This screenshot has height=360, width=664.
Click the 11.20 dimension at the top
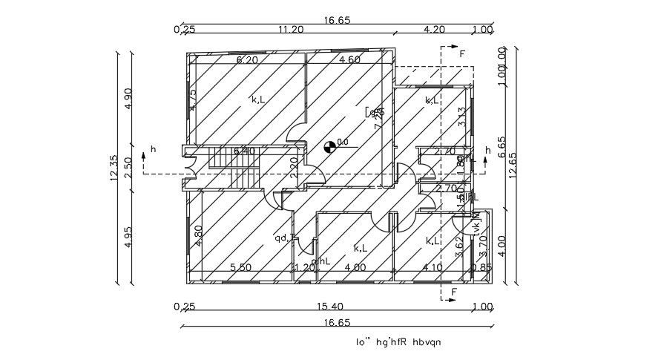tap(291, 30)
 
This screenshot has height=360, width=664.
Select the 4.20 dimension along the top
tap(433, 30)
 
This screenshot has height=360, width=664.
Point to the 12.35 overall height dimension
tap(114, 167)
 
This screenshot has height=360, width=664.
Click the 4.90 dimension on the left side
tap(128, 99)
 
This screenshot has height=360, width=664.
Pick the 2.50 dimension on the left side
tap(128, 164)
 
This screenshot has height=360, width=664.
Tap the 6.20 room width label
tap(246, 59)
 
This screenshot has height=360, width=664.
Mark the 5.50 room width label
tap(241, 267)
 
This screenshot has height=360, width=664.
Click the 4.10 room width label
tap(433, 267)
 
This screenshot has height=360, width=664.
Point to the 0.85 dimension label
tap(481, 267)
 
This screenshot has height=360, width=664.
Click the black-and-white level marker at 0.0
tap(330, 145)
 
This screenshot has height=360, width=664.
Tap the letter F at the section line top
tap(462, 54)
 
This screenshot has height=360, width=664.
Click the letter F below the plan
tap(453, 292)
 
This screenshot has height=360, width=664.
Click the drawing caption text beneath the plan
tap(398, 342)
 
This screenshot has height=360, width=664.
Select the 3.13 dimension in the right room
tap(461, 117)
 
